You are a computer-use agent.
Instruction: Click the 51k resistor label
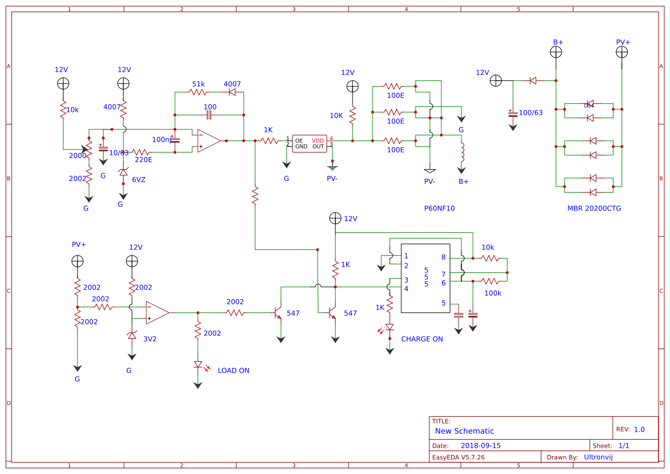click(x=198, y=84)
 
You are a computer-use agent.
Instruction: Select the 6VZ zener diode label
click(x=139, y=179)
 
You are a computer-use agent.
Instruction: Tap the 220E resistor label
click(x=143, y=160)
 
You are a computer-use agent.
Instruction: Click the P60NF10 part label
click(x=439, y=208)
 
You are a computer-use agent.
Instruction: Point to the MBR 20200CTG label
click(x=594, y=208)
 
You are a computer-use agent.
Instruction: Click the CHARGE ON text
click(x=422, y=339)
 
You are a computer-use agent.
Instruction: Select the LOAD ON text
click(x=233, y=370)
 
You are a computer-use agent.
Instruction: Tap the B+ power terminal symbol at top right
click(x=556, y=52)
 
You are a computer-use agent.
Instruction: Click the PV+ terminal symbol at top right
click(x=622, y=52)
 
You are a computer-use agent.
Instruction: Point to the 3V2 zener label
click(x=150, y=339)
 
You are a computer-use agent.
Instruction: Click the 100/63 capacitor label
click(x=530, y=112)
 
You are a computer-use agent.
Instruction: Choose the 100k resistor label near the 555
click(x=492, y=293)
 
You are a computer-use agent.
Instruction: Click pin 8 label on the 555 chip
click(x=443, y=257)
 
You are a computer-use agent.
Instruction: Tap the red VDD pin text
click(x=318, y=140)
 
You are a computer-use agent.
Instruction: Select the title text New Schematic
click(x=464, y=431)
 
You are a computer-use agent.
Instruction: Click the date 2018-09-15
click(x=480, y=445)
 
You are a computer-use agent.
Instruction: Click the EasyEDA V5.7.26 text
click(x=458, y=457)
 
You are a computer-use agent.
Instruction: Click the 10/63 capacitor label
click(x=119, y=152)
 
